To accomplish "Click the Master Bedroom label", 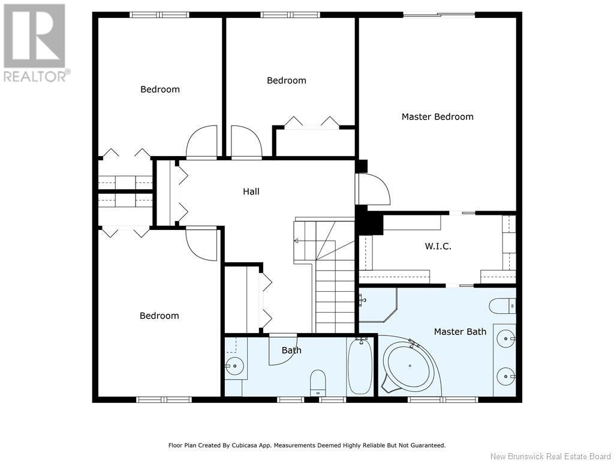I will [437, 116].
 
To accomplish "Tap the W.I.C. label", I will [438, 246].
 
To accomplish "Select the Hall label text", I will [251, 191].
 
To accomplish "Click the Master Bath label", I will [460, 331].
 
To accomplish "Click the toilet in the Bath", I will [318, 382].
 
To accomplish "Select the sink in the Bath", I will [234, 364].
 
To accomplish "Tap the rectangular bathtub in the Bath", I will [360, 366].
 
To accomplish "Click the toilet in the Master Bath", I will [502, 306].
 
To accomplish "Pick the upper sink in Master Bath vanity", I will [507, 339].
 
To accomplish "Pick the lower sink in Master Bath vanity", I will [507, 376].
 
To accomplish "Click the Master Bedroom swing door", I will [373, 189].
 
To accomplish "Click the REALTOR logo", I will [35, 42].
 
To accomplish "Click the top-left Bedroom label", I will [160, 89].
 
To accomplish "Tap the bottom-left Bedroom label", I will [159, 316].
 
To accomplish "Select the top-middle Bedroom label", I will [286, 80].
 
